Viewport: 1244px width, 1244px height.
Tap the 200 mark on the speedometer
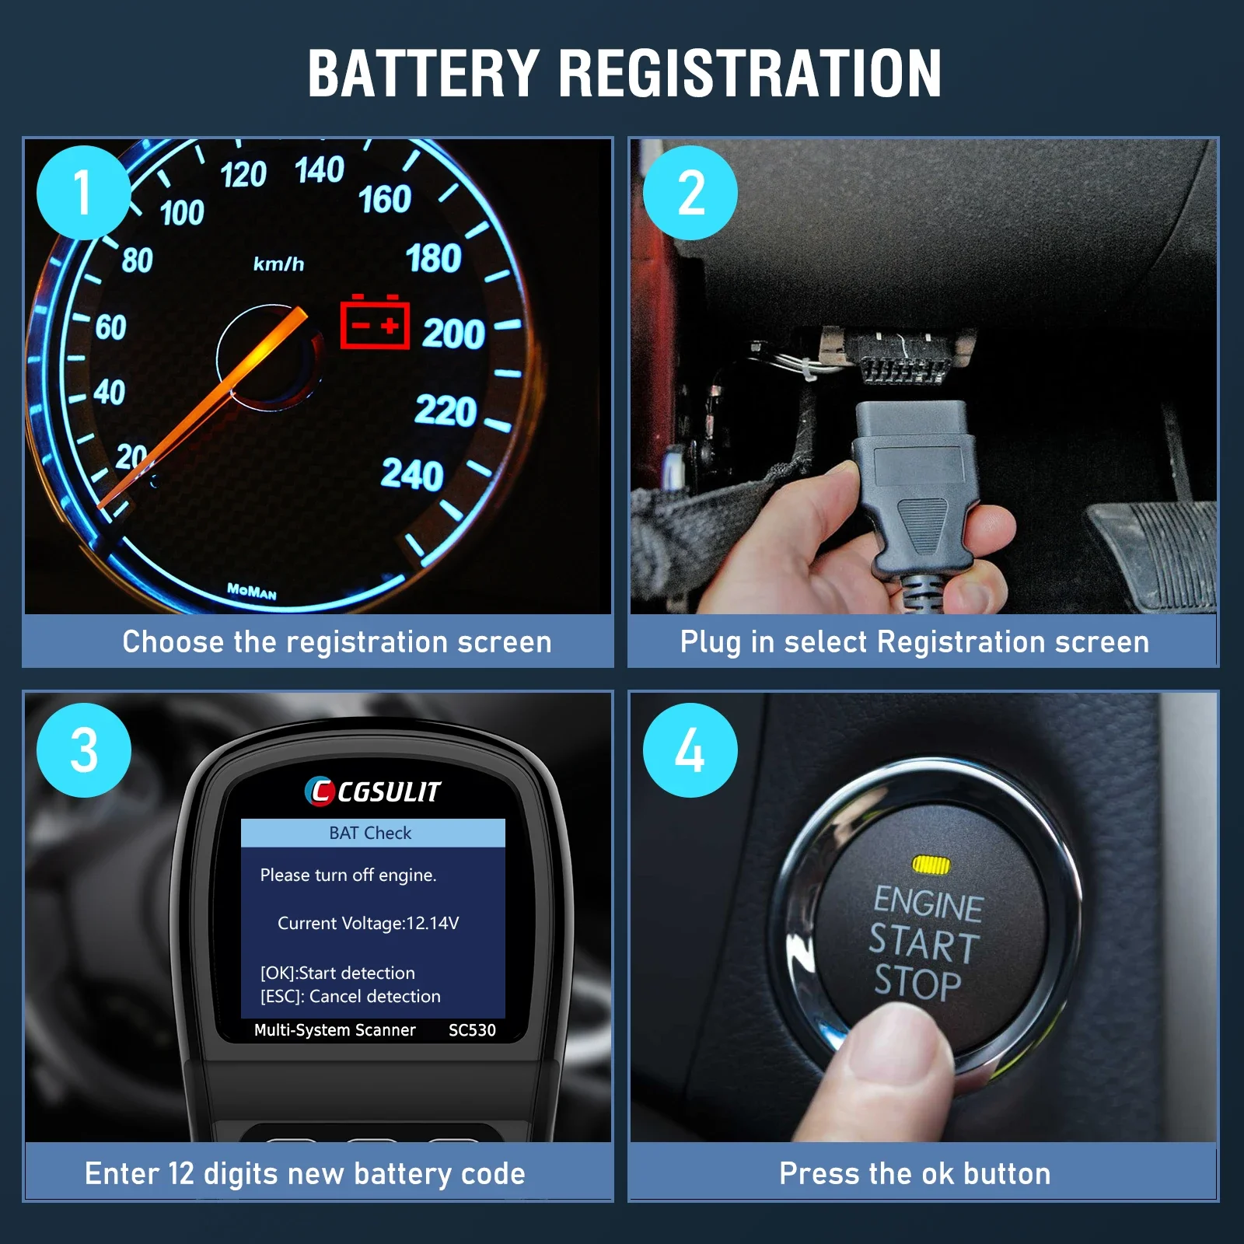(x=454, y=334)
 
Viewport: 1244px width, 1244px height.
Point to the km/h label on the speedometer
(x=278, y=264)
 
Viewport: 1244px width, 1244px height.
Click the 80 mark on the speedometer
(x=138, y=260)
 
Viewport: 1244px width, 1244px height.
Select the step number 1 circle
(x=83, y=192)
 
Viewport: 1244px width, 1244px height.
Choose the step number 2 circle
(x=690, y=192)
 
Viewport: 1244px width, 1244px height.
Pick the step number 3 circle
(x=83, y=750)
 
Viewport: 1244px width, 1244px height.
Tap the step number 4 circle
(x=690, y=750)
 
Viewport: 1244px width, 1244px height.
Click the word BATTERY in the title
(x=424, y=73)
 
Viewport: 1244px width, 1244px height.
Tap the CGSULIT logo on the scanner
(x=372, y=791)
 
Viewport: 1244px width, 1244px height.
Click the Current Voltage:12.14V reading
(x=368, y=923)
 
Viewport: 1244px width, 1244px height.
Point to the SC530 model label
(x=472, y=1030)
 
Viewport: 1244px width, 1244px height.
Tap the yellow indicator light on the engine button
(x=931, y=864)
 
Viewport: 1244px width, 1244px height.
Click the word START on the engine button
(x=924, y=943)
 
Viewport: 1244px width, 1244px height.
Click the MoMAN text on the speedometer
(x=252, y=591)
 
